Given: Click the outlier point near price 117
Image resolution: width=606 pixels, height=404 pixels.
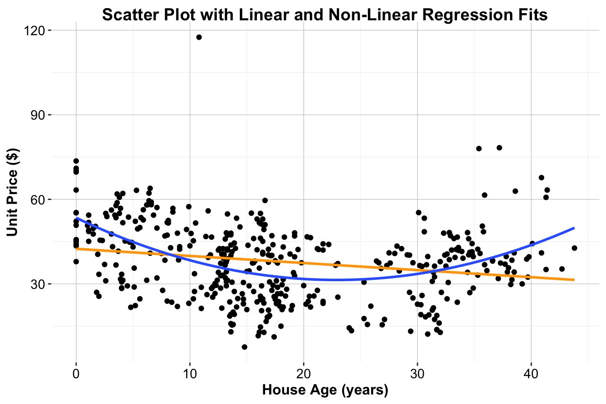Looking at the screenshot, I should pyautogui.click(x=199, y=37).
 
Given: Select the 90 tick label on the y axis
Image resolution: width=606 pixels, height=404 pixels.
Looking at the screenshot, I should pyautogui.click(x=40, y=115).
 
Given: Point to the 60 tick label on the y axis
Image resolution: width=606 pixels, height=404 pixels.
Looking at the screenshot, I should pyautogui.click(x=40, y=200).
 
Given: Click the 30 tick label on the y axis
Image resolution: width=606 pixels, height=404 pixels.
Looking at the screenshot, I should pyautogui.click(x=40, y=284).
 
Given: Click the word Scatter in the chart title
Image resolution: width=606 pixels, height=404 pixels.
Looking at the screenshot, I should pyautogui.click(x=128, y=15).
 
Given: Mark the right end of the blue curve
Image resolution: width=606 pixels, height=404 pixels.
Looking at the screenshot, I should pyautogui.click(x=574, y=228).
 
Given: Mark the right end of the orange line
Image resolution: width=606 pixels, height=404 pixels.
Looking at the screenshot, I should pyautogui.click(x=574, y=280).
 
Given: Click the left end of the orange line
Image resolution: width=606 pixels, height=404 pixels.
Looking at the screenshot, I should pyautogui.click(x=77, y=249).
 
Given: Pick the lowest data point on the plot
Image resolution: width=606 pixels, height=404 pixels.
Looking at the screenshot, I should pyautogui.click(x=244, y=347).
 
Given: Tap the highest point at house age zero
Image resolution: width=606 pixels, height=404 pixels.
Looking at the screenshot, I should pyautogui.click(x=76, y=161).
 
